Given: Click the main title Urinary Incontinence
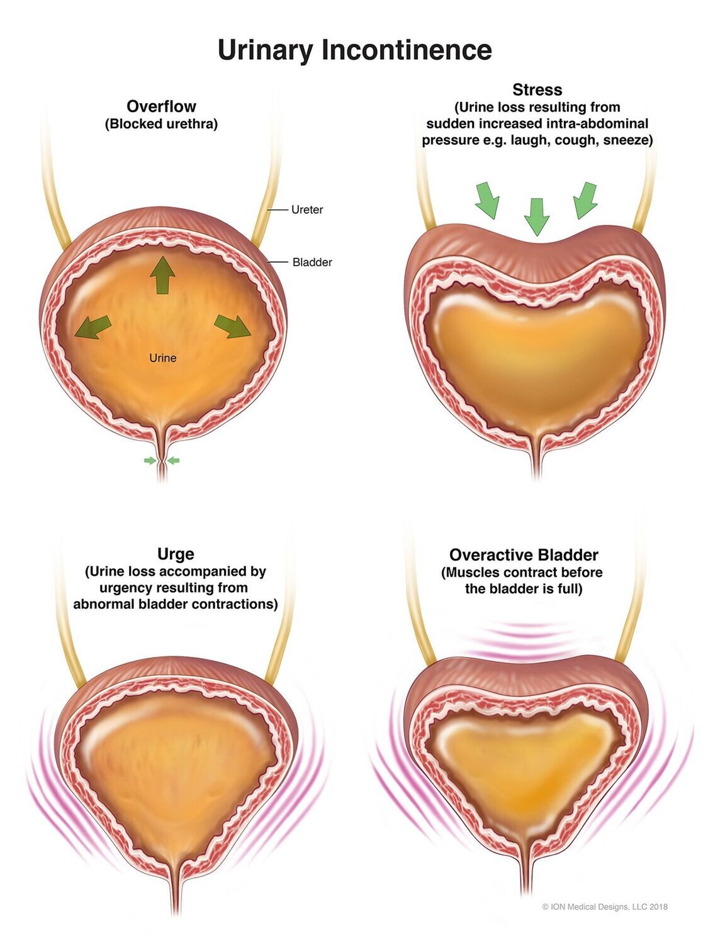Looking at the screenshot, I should pos(354,50).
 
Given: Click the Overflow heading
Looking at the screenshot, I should pos(161,106).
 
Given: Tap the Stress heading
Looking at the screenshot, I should pos(537,90).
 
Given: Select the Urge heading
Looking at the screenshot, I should pos(176,554).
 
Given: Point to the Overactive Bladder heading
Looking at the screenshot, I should pos(523,555).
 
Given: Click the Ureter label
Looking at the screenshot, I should pos(306,210).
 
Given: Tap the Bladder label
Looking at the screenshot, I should pos(312,262).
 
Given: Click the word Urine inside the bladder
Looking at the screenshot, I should pos(162,358).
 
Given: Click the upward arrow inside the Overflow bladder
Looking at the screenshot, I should pos(162,275).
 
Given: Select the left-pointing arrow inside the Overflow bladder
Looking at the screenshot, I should pos(93,327).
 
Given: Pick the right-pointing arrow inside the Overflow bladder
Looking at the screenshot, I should pos(233,326).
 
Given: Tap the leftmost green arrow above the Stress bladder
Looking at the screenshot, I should pos(487,199).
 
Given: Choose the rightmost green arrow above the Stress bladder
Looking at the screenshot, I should pos(585,199).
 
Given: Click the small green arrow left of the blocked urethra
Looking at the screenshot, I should pos(150,461).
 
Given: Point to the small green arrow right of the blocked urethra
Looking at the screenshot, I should pos(173,461).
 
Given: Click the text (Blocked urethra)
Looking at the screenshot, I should pos(161,124).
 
